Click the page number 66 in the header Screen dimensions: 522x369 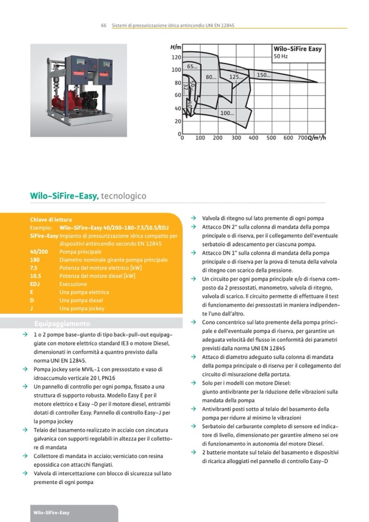tap(103, 26)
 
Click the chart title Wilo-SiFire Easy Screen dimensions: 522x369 tap(297, 48)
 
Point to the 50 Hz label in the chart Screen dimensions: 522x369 tap(280, 57)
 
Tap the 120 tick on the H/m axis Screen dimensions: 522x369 tap(176, 57)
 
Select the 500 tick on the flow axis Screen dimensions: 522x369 tap(270, 138)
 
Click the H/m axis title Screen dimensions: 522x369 tap(175, 48)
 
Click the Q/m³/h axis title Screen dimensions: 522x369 tap(316, 138)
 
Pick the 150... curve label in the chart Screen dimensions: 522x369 tap(263, 75)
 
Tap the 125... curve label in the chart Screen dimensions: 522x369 tap(236, 77)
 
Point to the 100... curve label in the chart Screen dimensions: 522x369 tap(227, 113)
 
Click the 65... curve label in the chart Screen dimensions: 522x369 tap(192, 67)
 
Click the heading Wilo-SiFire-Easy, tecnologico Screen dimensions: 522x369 tap(88, 196)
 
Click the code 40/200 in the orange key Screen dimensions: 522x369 tap(39, 252)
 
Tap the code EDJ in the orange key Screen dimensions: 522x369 tap(35, 284)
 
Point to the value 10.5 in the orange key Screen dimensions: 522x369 tap(35, 276)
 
